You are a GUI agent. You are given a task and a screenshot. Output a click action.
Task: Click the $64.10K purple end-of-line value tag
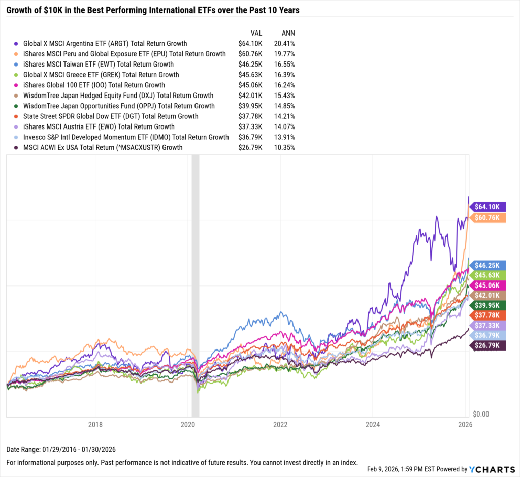pyautogui.click(x=487, y=207)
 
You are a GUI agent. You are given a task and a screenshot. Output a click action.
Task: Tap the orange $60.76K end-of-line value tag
pyautogui.click(x=487, y=218)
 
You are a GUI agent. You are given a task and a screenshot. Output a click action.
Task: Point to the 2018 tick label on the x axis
pyautogui.click(x=95, y=425)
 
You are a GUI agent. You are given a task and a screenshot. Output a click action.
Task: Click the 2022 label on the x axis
pyautogui.click(x=280, y=425)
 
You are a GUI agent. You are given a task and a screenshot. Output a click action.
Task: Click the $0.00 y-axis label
pyautogui.click(x=480, y=414)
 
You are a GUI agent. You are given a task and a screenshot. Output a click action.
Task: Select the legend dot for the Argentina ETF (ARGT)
pyautogui.click(x=18, y=44)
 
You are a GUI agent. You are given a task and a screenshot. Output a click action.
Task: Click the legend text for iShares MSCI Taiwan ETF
pyautogui.click(x=99, y=65)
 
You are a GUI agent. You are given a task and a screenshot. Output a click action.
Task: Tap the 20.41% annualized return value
pyautogui.click(x=284, y=44)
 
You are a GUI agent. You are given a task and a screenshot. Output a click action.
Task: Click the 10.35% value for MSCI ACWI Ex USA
pyautogui.click(x=284, y=147)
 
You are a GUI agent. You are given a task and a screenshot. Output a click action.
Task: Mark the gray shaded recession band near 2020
pyautogui.click(x=195, y=284)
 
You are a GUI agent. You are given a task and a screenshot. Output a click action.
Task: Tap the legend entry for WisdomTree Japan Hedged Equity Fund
pyautogui.click(x=118, y=96)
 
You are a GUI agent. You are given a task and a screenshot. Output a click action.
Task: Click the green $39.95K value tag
pyautogui.click(x=487, y=305)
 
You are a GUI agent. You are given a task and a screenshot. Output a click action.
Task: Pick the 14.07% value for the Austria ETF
pyautogui.click(x=284, y=126)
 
